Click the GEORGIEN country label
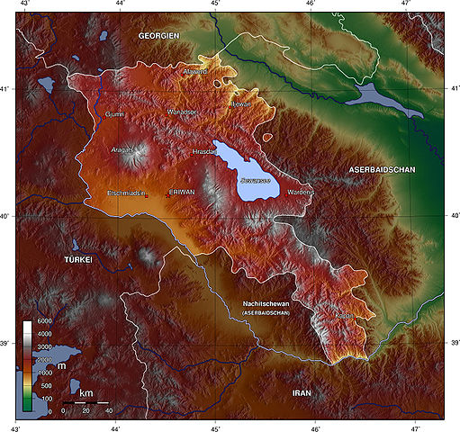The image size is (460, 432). tap(160, 34)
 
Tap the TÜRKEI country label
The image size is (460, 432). tap(77, 259)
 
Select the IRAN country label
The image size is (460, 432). tap(302, 393)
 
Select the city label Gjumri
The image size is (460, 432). tap(115, 114)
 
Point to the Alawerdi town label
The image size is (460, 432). tap(195, 70)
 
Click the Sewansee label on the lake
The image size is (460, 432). tap(253, 181)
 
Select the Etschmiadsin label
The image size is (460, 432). tap(127, 193)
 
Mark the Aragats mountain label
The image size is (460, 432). tap(122, 149)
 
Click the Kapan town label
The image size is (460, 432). tap(344, 316)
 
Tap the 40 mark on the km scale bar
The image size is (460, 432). tap(109, 410)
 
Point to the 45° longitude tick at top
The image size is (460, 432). tap(215, 5)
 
